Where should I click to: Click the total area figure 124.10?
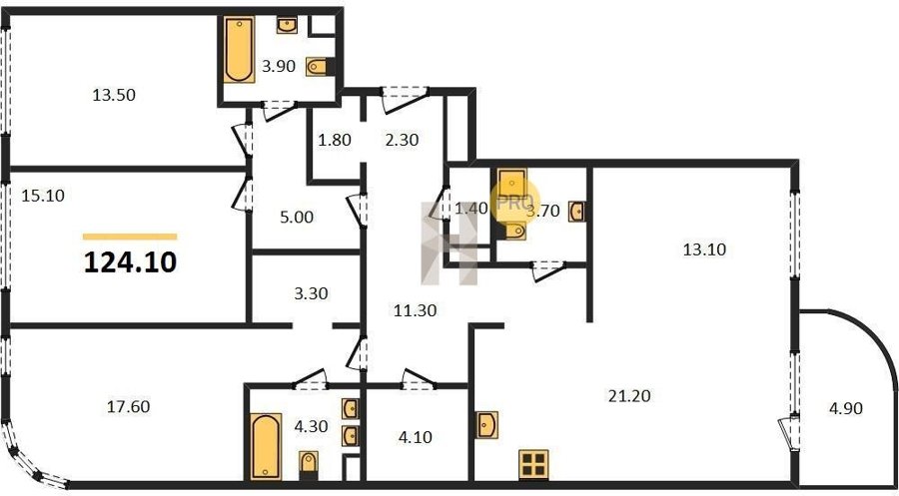click(x=130, y=262)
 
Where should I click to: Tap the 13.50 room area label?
click(x=114, y=95)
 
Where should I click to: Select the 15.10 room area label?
click(x=43, y=196)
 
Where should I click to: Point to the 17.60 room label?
click(x=129, y=406)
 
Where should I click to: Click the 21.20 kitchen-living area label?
click(x=629, y=396)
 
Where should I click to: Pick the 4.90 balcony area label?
click(x=846, y=409)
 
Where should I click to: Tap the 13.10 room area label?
click(x=704, y=249)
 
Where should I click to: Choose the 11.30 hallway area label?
click(x=416, y=310)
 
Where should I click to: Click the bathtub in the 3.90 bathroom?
click(x=239, y=50)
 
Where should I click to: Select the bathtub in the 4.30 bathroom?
click(x=266, y=446)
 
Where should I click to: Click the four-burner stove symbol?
click(x=533, y=464)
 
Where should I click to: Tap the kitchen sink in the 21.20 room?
click(x=486, y=425)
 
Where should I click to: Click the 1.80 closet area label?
click(x=335, y=140)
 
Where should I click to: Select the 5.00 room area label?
click(x=297, y=218)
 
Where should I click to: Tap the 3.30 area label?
click(x=311, y=293)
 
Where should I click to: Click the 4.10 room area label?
click(x=416, y=437)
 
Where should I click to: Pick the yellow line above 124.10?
click(x=130, y=237)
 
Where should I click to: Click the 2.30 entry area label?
click(x=402, y=140)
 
